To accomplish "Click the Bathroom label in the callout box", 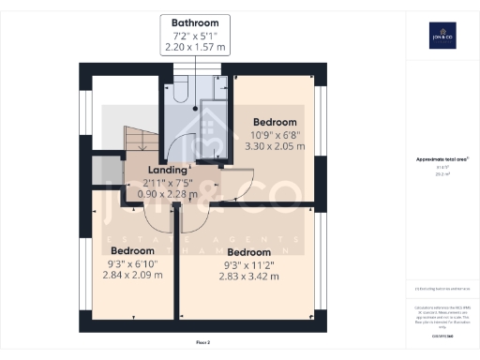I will (x=196, y=22).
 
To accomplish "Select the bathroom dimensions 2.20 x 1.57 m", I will (x=196, y=46).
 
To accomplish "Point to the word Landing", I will (x=167, y=170).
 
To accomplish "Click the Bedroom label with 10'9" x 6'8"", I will (x=276, y=122).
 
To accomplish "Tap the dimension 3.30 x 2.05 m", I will (x=276, y=146).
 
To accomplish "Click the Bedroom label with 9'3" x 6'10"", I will (x=132, y=251).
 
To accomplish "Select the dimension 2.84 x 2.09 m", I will (x=132, y=276).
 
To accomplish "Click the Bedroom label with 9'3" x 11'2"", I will (x=248, y=252).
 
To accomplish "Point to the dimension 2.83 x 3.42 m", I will (x=248, y=277).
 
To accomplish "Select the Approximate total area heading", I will (x=441, y=160).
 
